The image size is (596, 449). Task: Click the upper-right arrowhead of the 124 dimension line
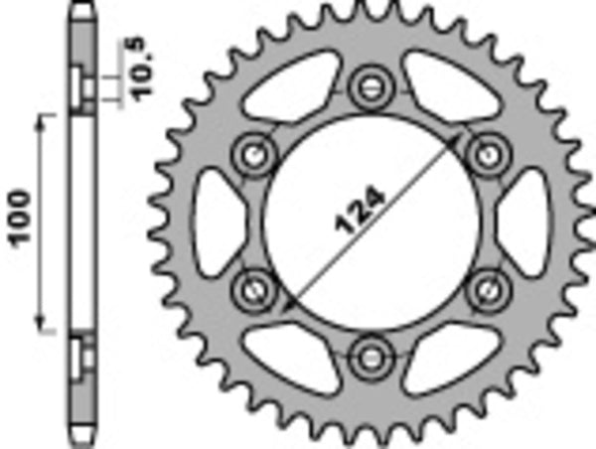pyautogui.click(x=461, y=139)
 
